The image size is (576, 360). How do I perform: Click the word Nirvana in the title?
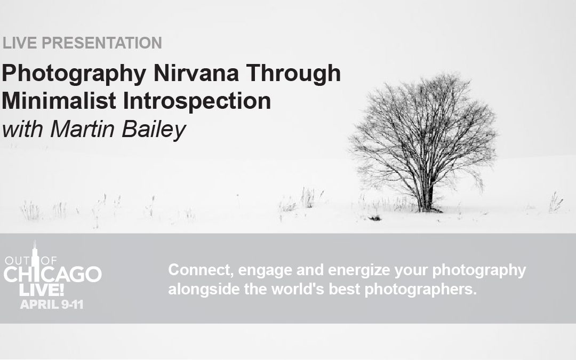pos(196,73)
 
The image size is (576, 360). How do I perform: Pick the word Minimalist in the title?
pos(59,101)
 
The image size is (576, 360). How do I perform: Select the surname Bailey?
pos(154,131)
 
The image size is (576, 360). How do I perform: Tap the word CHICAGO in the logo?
pos(52,275)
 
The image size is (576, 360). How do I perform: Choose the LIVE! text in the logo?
pos(42,290)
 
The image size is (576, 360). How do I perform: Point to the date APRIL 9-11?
pos(52,305)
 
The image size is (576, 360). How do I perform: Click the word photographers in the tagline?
pos(421,290)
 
